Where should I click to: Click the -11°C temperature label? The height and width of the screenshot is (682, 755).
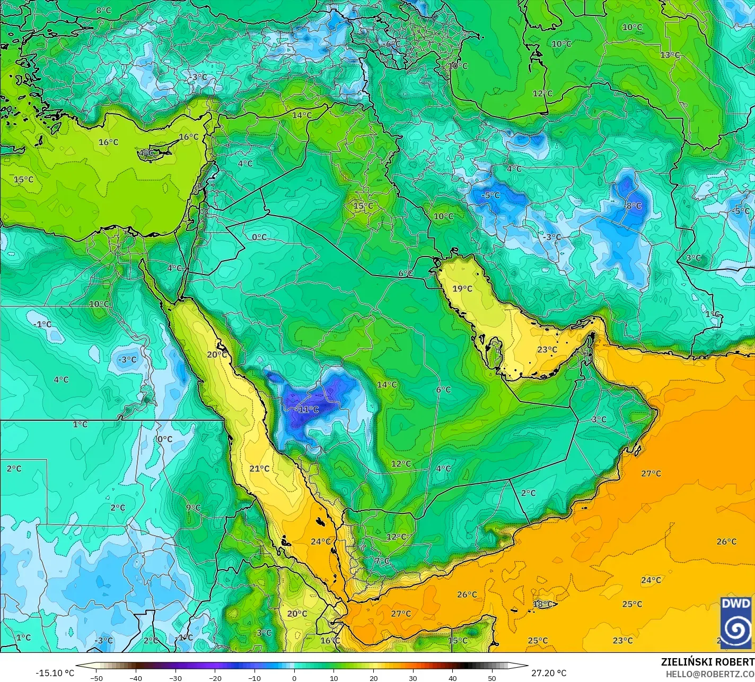tap(308, 409)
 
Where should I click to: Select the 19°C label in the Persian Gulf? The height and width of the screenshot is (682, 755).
tap(462, 288)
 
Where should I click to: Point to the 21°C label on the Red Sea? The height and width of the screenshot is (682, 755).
tap(259, 468)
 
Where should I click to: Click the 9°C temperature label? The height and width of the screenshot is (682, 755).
tap(193, 508)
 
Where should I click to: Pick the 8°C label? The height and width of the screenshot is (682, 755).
tap(103, 10)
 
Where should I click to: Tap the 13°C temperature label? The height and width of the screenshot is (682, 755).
tap(670, 55)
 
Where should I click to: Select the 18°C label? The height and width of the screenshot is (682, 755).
tap(542, 604)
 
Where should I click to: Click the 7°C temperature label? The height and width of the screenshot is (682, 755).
tap(382, 561)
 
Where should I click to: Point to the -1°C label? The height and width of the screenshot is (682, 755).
tap(42, 324)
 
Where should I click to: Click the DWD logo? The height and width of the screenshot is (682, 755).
tap(736, 623)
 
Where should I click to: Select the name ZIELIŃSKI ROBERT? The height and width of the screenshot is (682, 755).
tap(707, 662)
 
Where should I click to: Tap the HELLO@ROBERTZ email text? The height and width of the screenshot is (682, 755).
tap(710, 674)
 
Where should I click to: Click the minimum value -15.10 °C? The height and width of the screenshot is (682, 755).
tap(55, 673)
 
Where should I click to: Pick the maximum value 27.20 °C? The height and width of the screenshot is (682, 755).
tap(549, 673)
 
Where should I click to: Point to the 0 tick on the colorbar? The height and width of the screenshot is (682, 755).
tap(294, 678)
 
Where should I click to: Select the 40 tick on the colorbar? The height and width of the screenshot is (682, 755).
tap(452, 678)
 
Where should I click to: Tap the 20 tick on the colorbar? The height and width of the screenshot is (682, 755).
tap(373, 678)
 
